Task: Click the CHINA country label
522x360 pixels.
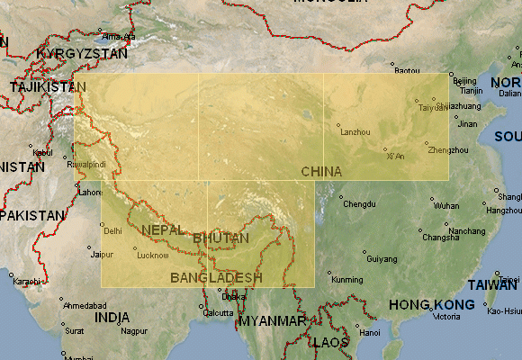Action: point(321,171)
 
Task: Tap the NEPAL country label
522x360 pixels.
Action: point(163,229)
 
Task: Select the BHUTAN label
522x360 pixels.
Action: point(220,238)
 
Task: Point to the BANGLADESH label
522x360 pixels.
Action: point(216,277)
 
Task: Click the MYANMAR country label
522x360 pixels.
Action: point(273,320)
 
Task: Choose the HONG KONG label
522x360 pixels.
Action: point(431,305)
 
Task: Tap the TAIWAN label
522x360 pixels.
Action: point(492,284)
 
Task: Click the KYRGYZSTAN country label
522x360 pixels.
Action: point(83,54)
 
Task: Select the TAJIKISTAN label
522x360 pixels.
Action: point(47,87)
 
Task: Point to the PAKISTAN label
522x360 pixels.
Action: point(33,216)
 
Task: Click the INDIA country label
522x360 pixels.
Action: point(112,318)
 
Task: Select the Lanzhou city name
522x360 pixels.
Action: point(356,132)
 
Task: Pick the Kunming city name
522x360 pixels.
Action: point(346,280)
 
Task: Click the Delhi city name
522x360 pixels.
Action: point(112,231)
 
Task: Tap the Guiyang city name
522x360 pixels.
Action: point(382,259)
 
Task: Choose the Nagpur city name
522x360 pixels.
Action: point(134,331)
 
